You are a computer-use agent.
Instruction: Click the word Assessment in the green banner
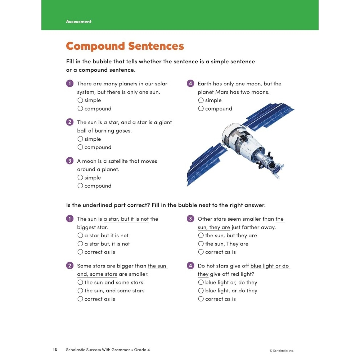(x=78, y=22)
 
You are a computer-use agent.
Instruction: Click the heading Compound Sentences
(x=125, y=46)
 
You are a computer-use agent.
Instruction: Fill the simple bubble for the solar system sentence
(x=80, y=100)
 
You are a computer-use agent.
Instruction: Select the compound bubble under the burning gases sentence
(x=80, y=147)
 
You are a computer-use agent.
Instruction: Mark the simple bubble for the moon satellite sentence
(x=80, y=177)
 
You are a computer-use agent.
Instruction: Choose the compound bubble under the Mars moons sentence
(x=201, y=109)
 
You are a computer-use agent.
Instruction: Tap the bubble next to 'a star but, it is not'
(x=80, y=244)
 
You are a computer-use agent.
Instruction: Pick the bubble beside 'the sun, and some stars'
(x=80, y=291)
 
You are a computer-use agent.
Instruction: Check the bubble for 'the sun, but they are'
(x=201, y=235)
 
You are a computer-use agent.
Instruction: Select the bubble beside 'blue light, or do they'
(x=201, y=291)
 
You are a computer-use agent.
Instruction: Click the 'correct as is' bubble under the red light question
(x=201, y=299)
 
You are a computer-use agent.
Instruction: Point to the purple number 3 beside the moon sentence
(x=70, y=161)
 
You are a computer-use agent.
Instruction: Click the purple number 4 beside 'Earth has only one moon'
(x=190, y=84)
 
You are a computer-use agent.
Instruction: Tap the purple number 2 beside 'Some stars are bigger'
(x=70, y=266)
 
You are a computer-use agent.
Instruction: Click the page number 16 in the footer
(x=55, y=350)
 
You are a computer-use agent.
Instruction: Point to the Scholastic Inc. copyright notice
(x=282, y=351)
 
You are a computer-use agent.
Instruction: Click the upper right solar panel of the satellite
(x=268, y=115)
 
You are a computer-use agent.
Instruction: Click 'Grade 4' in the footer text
(x=142, y=350)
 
